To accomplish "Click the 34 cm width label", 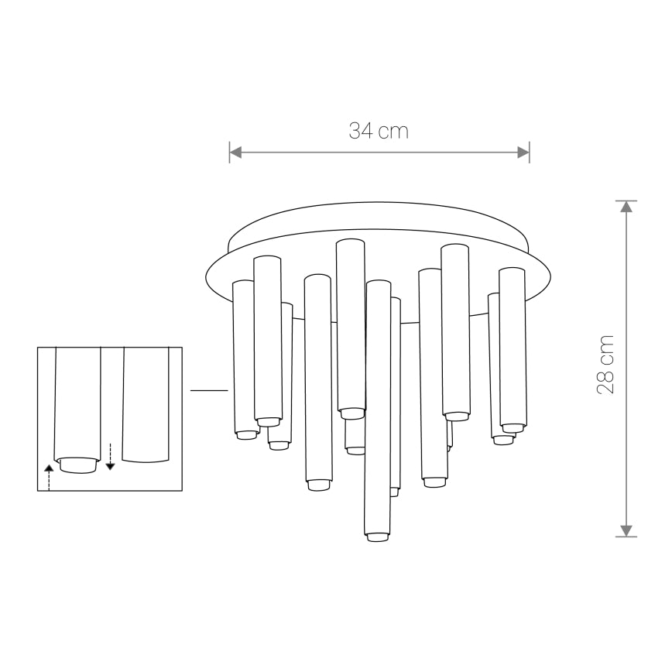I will click(x=378, y=131).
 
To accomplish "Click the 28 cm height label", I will click(x=606, y=365).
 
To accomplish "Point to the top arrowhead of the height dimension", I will click(x=626, y=207).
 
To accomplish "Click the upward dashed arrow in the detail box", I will click(x=49, y=476).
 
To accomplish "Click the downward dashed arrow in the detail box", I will click(x=110, y=457).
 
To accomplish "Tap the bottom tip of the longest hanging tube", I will click(x=378, y=536).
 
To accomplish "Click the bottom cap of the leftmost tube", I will click(x=245, y=434).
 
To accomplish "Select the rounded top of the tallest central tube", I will click(x=351, y=243).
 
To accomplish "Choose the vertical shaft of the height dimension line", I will click(x=626, y=368).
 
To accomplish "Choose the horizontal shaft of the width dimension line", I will click(x=379, y=153).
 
